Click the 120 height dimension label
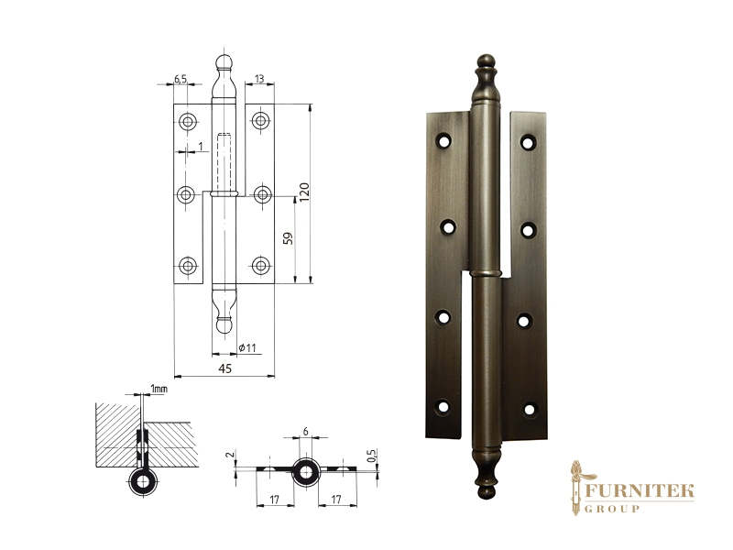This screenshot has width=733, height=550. coord(304,192)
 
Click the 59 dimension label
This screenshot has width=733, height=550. coord(289,238)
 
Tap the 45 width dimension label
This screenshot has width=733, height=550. coord(224,368)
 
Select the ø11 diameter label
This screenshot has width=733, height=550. coord(247,348)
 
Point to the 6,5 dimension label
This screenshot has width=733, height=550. coord(181,79)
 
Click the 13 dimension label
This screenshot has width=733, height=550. coord(259,79)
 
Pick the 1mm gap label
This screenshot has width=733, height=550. coord(159,389)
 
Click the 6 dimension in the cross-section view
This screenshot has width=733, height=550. coord(306,431)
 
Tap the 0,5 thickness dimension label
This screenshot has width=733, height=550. coord(372,455)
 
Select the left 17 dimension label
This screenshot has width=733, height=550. coord(274,500)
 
